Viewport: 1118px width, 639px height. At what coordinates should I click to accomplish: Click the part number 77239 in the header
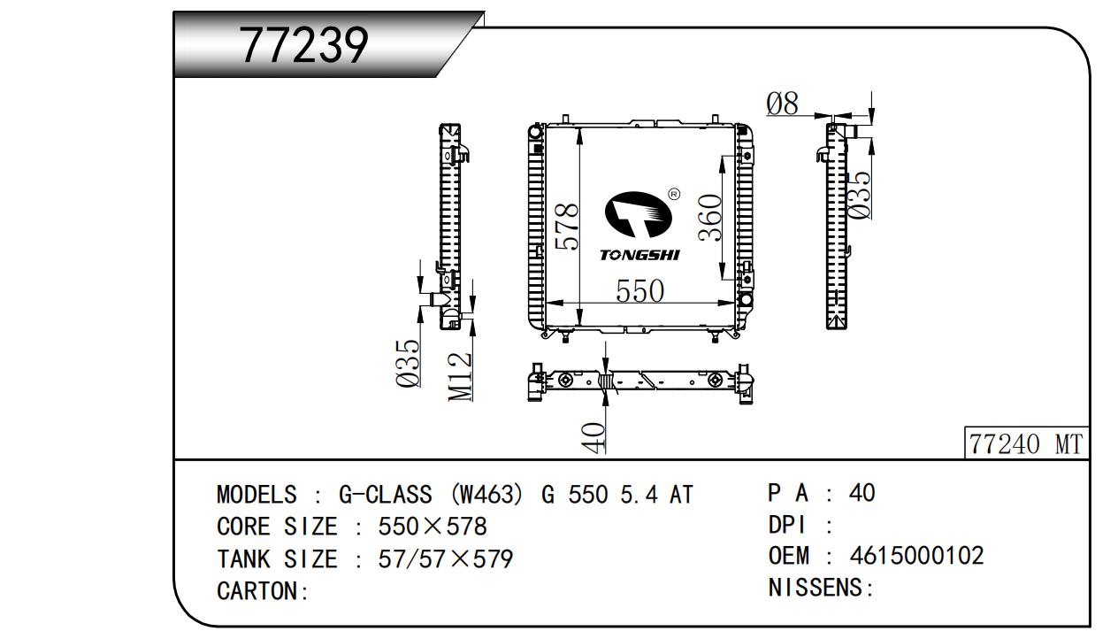303,45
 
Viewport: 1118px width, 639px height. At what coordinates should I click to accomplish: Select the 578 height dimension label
566,227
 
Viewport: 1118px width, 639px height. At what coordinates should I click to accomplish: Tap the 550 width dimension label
639,291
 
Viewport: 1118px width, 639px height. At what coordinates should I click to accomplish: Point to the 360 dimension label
711,217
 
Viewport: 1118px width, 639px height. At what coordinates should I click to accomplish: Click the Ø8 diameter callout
782,104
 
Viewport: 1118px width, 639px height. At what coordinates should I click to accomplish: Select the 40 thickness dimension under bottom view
593,436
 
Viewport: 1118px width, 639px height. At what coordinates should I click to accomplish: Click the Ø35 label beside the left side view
408,364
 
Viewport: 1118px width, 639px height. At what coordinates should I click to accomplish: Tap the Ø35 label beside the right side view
859,193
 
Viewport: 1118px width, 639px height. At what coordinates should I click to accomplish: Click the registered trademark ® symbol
674,194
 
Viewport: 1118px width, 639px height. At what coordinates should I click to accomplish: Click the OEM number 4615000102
916,556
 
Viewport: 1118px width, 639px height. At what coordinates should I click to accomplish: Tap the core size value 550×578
433,527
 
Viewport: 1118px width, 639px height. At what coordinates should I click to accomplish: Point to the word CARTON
258,591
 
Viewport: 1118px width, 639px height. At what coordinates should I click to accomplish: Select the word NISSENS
817,588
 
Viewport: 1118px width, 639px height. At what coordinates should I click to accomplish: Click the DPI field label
786,525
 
